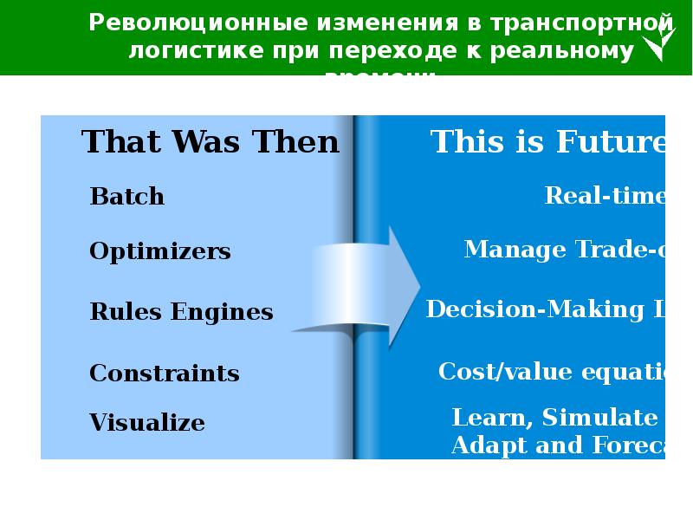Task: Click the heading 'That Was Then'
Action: pos(210,142)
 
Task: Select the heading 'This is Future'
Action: pos(547,142)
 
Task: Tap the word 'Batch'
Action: pos(126,197)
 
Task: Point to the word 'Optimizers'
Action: pos(160,252)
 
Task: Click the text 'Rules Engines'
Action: pos(181,312)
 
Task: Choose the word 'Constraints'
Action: pos(165,374)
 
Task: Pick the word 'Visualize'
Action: pos(147,423)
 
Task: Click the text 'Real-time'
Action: pos(605,196)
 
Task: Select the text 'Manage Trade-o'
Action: pos(564,250)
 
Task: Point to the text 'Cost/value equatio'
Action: pos(551,372)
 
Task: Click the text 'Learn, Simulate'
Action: pos(554,418)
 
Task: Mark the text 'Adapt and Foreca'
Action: pos(558,446)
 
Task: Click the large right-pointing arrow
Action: pos(364,285)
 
